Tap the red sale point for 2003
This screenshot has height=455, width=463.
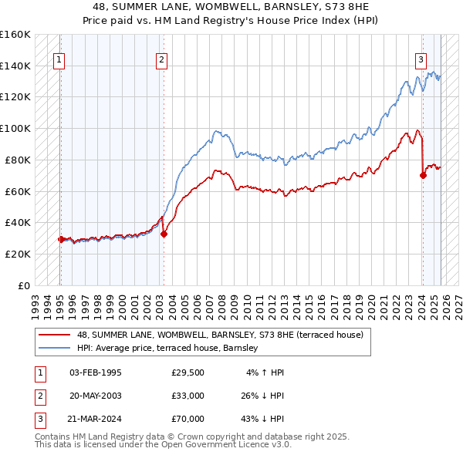164,234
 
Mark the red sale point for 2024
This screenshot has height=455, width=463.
423,175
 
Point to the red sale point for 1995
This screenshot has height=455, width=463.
61,239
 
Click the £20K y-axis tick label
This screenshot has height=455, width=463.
17,254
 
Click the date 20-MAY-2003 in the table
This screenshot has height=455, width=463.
95,396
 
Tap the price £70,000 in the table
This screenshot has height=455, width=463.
188,419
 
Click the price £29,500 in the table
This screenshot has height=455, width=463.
188,372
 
